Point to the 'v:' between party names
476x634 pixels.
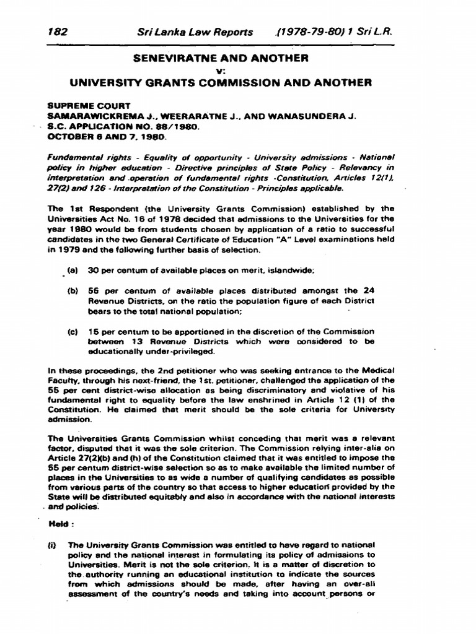pos(238,69)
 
